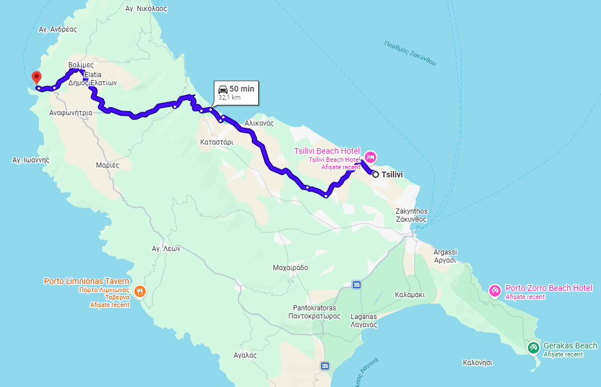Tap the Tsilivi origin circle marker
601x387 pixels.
click(375, 174)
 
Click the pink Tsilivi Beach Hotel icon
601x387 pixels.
click(371, 156)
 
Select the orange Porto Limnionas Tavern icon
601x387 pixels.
click(139, 292)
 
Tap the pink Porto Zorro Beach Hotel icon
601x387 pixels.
click(494, 291)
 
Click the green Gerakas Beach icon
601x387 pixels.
click(534, 347)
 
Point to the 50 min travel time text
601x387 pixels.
click(241, 89)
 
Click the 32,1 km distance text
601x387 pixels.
click(229, 98)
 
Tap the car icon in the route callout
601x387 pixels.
click(223, 89)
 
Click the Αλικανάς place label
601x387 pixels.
click(259, 123)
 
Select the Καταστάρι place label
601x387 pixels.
click(217, 141)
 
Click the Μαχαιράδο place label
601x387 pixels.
click(290, 268)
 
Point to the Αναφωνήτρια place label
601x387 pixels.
click(71, 113)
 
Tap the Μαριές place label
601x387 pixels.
click(108, 165)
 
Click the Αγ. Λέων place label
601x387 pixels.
click(166, 249)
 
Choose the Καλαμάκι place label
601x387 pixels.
click(410, 294)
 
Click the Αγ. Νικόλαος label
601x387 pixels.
click(146, 9)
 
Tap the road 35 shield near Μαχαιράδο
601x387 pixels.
click(357, 284)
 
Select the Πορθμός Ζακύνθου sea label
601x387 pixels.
click(410, 52)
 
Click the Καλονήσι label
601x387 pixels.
click(478, 363)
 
